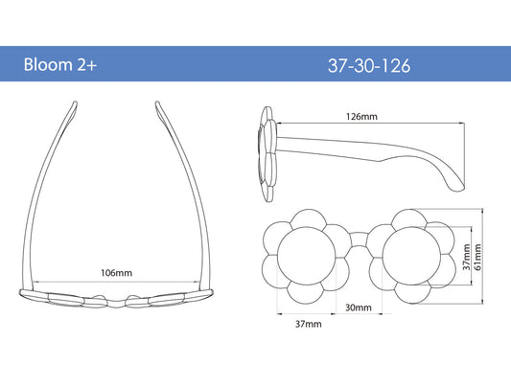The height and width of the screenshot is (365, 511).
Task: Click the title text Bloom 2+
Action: point(60,64)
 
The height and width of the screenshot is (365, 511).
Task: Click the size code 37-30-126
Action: point(369,65)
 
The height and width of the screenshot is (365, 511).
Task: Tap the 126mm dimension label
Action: point(361,116)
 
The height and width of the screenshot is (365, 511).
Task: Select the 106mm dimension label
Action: point(116,272)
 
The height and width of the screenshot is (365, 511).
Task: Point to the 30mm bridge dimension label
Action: point(359,308)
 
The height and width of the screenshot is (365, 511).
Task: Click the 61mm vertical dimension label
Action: point(477,258)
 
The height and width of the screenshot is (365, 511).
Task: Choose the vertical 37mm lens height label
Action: point(466,258)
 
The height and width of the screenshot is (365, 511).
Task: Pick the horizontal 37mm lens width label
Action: point(309,324)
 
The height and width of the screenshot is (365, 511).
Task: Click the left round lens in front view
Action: point(307,256)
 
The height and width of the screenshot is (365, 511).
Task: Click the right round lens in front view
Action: point(411,256)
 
